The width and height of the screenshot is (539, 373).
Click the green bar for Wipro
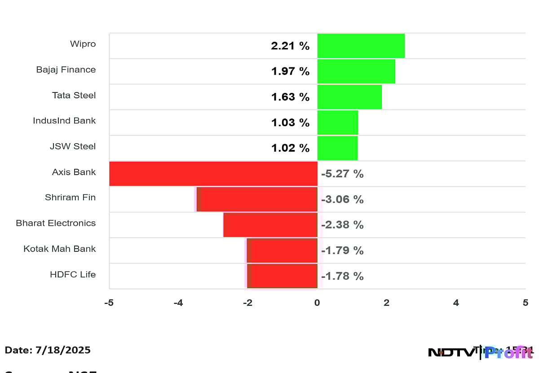361,46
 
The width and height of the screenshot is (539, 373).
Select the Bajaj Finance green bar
356,71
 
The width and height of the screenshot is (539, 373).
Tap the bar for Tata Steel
349,97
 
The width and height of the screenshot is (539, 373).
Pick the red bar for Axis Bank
213,174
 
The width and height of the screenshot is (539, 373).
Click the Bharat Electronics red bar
270,225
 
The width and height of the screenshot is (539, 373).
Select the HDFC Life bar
283,276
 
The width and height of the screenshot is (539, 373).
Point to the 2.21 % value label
290,46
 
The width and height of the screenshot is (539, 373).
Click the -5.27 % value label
342,174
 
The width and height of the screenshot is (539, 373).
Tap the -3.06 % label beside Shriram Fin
342,200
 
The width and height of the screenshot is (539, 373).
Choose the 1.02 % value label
290,148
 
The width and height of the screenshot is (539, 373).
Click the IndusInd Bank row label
64,121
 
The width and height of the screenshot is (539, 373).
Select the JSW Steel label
73,146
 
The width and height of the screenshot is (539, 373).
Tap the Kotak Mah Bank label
60,249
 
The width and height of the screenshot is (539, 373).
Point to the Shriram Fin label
70,197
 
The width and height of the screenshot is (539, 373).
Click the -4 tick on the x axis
178,303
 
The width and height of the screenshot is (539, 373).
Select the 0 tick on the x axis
317,303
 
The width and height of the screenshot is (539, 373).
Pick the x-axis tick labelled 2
387,303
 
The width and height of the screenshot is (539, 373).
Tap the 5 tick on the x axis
525,303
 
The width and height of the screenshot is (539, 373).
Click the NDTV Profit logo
480,352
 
